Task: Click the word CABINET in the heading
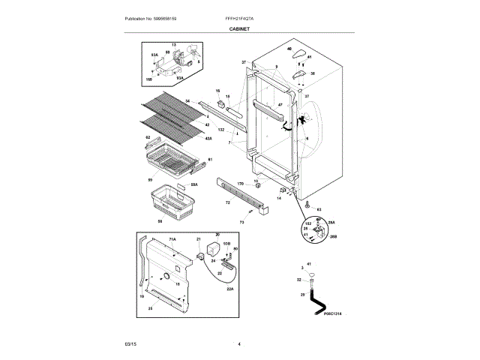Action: point(240,28)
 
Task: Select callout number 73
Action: point(241,222)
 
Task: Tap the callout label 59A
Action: point(194,184)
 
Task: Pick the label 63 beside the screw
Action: point(319,208)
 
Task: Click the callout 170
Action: point(241,184)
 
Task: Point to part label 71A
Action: point(172,238)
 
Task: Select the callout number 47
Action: point(280,103)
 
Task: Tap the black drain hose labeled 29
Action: point(314,299)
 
